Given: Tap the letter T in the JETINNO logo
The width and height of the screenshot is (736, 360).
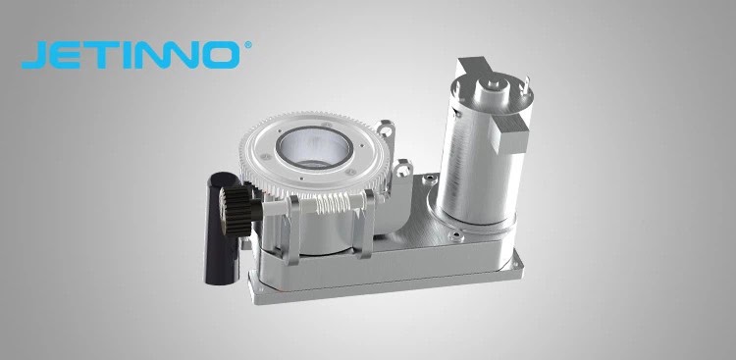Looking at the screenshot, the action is (x=103, y=55).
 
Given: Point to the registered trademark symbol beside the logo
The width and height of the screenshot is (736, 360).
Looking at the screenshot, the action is (x=248, y=45).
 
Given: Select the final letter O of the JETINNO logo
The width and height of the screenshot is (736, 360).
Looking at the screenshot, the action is (x=217, y=55).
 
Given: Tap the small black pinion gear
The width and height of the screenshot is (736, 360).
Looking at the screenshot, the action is (x=235, y=211).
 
